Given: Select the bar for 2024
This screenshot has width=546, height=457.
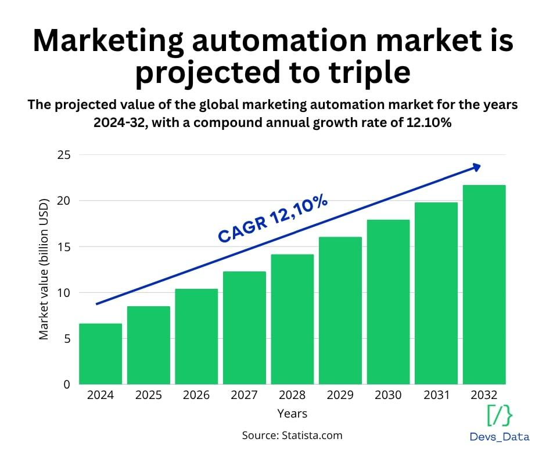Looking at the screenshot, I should [x=100, y=354].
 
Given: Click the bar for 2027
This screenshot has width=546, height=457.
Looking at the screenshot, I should [x=244, y=328].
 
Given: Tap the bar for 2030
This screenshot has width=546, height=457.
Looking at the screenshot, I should [x=388, y=302].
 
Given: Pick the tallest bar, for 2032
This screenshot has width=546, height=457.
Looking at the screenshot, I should [x=484, y=284].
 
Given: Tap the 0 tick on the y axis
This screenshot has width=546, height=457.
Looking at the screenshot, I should [x=66, y=384].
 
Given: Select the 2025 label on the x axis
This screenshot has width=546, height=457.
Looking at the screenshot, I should [x=148, y=396].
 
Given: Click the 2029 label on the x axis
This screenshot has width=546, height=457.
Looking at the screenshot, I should [x=340, y=396].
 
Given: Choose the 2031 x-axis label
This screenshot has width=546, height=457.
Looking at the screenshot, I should [x=436, y=396].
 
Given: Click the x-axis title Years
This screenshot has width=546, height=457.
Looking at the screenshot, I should [x=292, y=414].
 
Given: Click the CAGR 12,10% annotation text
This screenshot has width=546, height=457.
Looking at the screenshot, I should [x=273, y=219].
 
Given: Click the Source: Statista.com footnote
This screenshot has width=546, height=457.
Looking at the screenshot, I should [x=292, y=435].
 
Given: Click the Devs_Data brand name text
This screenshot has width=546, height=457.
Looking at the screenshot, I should [x=500, y=437].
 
